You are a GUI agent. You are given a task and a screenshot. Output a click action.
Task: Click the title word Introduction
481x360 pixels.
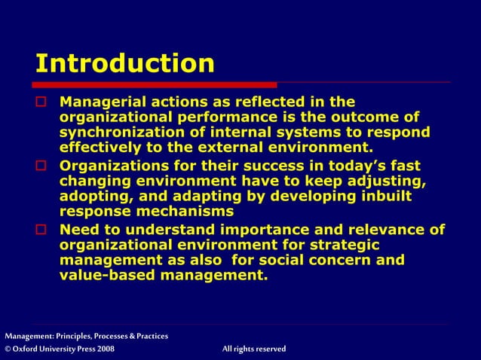pos(125,63)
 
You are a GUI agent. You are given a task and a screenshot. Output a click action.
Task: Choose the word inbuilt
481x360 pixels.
pos(382,197)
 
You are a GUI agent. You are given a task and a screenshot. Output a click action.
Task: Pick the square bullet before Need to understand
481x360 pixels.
pos(42,230)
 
